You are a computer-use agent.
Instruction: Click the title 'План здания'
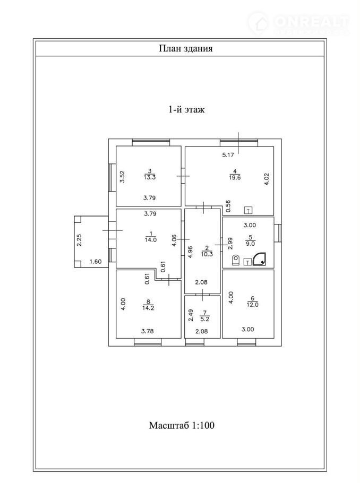pyautogui.click(x=185, y=49)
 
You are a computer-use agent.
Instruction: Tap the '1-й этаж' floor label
pyautogui.click(x=186, y=110)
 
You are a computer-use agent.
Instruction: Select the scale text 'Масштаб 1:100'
pyautogui.click(x=182, y=425)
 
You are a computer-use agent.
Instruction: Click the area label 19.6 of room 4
pyautogui.click(x=235, y=177)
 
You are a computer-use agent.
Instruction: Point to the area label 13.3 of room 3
pyautogui.click(x=150, y=177)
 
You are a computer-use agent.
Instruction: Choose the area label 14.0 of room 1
pyautogui.click(x=151, y=240)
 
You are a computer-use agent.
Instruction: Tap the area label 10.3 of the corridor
pyautogui.click(x=207, y=254)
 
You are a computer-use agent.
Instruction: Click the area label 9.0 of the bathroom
pyautogui.click(x=250, y=244)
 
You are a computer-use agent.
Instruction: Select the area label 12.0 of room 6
pyautogui.click(x=252, y=305)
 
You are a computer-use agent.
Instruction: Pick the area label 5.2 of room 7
pyautogui.click(x=204, y=319)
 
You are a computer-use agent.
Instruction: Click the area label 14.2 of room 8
pyautogui.click(x=148, y=308)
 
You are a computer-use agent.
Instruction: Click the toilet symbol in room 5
pyautogui.click(x=236, y=260)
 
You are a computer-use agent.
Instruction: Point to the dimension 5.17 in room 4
pyautogui.click(x=228, y=155)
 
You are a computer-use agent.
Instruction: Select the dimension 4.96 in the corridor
pyautogui.click(x=190, y=252)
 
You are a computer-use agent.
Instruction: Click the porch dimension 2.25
pyautogui.click(x=79, y=240)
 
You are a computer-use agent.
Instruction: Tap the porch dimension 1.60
pyautogui.click(x=96, y=262)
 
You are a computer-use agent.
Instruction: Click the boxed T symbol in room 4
pyautogui.click(x=248, y=210)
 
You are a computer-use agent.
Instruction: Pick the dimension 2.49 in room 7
pyautogui.click(x=191, y=315)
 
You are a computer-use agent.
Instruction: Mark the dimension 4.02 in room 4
pyautogui.click(x=267, y=179)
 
